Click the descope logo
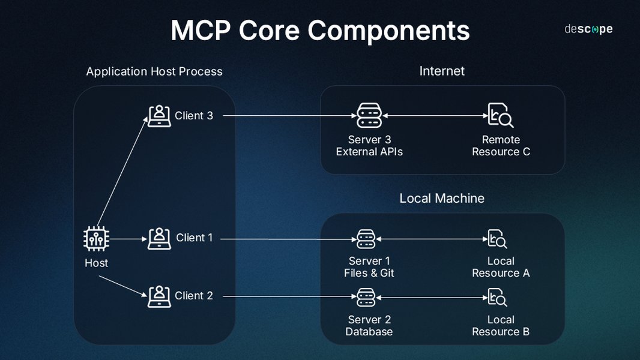click(588, 29)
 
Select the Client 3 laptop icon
click(159, 115)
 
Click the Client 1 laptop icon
click(159, 238)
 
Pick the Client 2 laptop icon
click(159, 296)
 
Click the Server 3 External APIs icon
click(369, 115)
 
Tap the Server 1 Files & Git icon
click(366, 239)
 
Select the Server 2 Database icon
click(366, 296)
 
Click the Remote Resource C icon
click(500, 115)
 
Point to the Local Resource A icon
click(498, 239)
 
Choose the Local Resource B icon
click(498, 296)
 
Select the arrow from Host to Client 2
click(122, 286)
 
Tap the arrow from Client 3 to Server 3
click(288, 115)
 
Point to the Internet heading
click(442, 71)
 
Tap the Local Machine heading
click(442, 198)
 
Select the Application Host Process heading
click(154, 71)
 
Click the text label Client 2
click(194, 296)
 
